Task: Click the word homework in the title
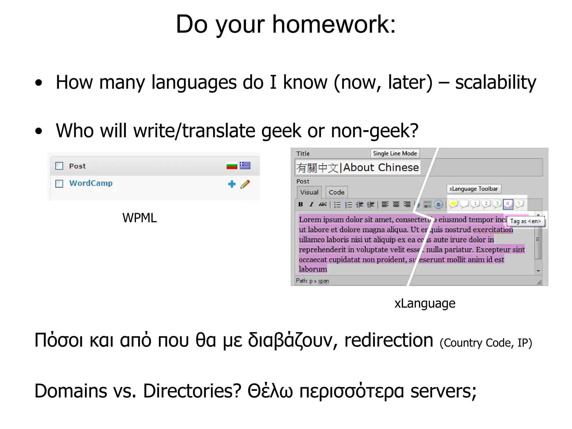click(x=334, y=25)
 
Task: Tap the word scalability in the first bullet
click(x=495, y=82)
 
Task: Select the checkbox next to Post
click(x=59, y=166)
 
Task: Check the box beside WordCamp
click(x=59, y=183)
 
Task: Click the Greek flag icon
click(x=245, y=166)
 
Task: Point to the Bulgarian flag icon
click(x=232, y=166)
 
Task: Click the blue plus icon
click(x=232, y=184)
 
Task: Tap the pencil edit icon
click(x=245, y=184)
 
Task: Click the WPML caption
click(x=139, y=218)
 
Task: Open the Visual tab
click(x=309, y=192)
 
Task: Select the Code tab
click(x=337, y=192)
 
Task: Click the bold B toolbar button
click(x=301, y=204)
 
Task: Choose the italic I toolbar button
click(x=311, y=204)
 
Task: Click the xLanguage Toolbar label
click(x=474, y=189)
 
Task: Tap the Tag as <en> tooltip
click(x=525, y=221)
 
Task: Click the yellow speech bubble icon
click(x=453, y=204)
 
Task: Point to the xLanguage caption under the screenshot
click(x=425, y=303)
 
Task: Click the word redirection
click(x=389, y=340)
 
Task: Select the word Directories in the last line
click(x=192, y=391)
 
